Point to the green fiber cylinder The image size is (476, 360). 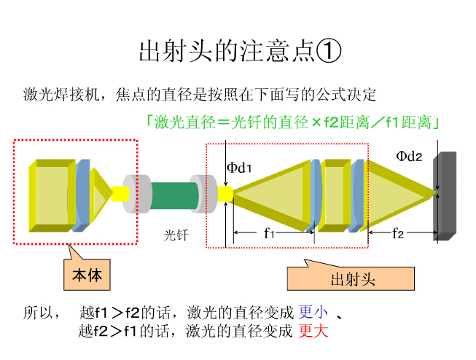click(x=174, y=193)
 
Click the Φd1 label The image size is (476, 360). click(x=239, y=168)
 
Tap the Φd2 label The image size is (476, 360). click(x=409, y=156)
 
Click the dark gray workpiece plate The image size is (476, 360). click(x=445, y=196)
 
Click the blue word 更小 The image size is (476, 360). click(x=313, y=313)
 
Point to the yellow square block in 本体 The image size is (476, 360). click(x=50, y=195)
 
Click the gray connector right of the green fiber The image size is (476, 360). click(x=203, y=193)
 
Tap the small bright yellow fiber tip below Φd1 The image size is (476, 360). click(x=224, y=193)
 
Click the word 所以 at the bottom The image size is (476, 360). click(x=39, y=313)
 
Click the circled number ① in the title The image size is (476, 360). click(x=327, y=51)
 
